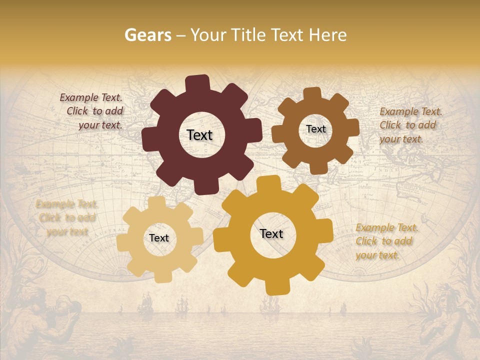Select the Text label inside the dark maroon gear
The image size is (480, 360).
(x=199, y=135)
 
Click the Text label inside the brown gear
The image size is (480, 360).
(x=315, y=129)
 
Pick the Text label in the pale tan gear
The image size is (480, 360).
(x=159, y=238)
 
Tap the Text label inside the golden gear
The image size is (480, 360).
(x=271, y=234)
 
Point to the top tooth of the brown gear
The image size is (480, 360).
(x=311, y=94)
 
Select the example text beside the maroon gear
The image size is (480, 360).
(x=92, y=111)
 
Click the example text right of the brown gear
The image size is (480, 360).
(x=409, y=125)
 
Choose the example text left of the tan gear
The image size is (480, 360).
(x=66, y=218)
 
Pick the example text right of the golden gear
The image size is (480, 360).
(x=386, y=241)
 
